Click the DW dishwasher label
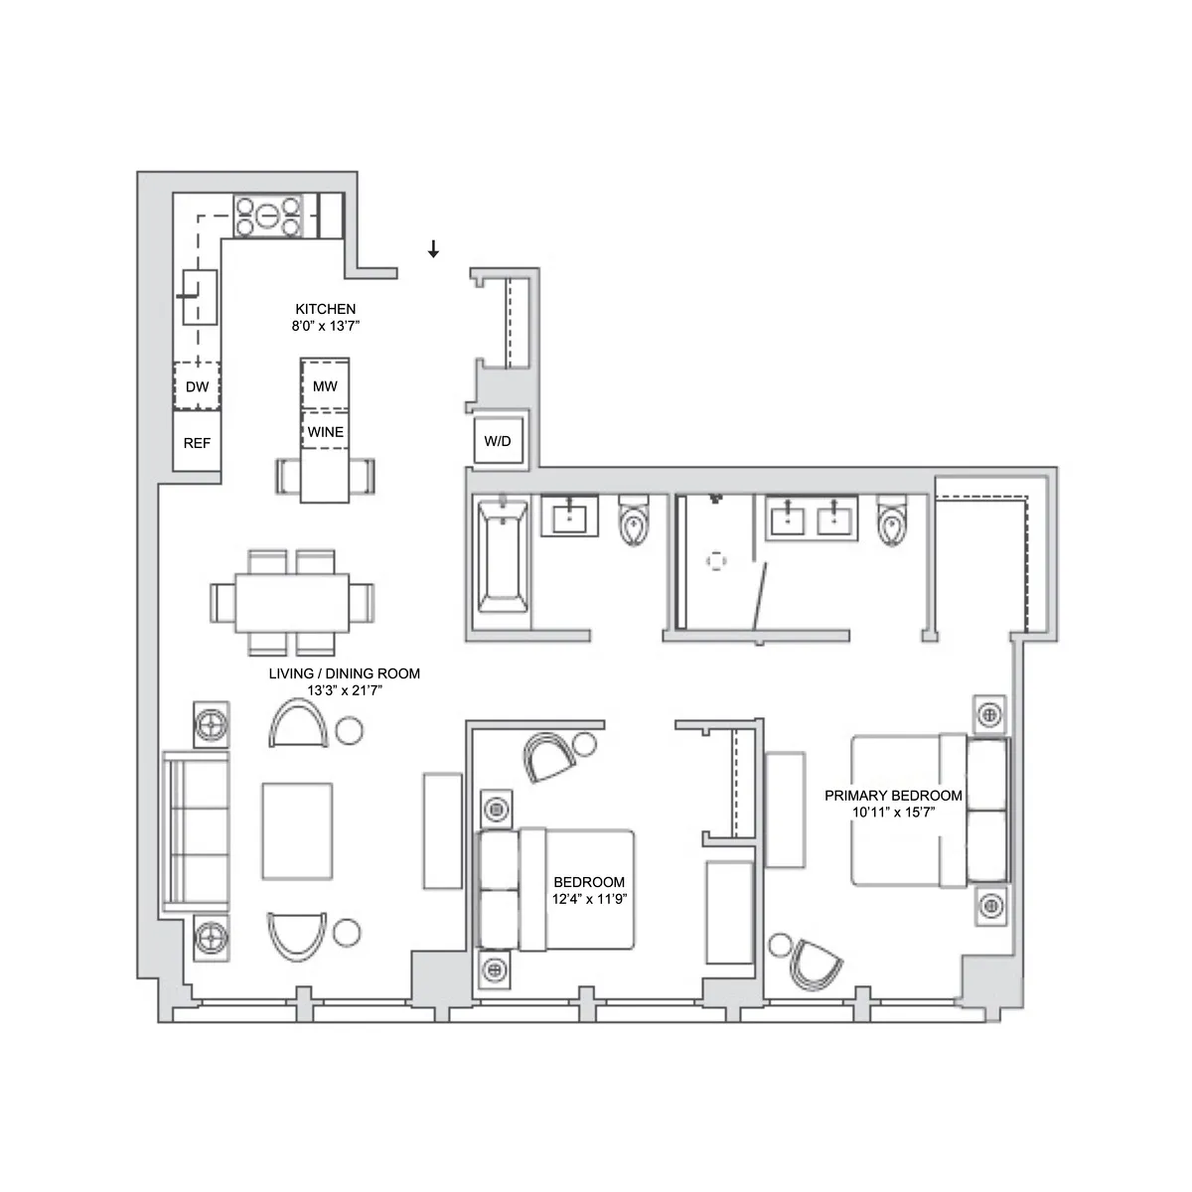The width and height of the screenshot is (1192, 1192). (x=197, y=387)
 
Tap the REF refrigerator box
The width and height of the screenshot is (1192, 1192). (x=197, y=443)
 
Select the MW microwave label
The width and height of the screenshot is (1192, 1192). (x=325, y=386)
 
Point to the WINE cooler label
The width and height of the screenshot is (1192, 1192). (x=325, y=432)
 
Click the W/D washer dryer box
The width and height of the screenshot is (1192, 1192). (x=498, y=441)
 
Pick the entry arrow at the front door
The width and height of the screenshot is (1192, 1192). (x=433, y=249)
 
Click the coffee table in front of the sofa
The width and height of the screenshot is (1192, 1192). (x=297, y=830)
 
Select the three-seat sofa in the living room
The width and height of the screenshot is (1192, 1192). (x=197, y=830)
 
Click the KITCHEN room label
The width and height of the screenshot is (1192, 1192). (x=325, y=309)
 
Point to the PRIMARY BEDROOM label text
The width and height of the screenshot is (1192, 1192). (x=893, y=796)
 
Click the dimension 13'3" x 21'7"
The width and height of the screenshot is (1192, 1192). (x=344, y=690)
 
